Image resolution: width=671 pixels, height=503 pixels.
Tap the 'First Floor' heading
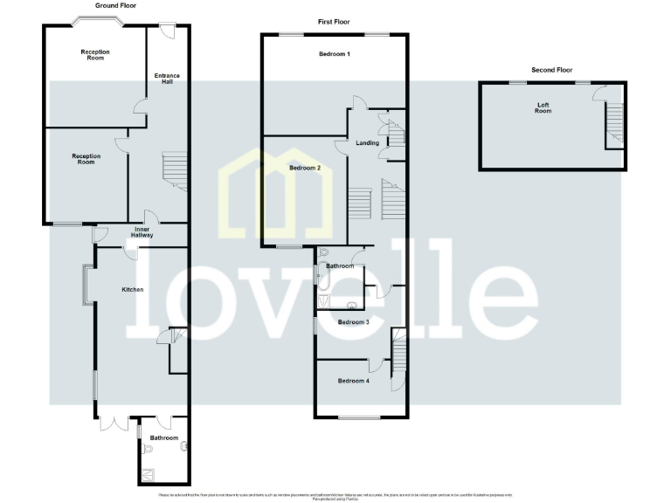click(x=334, y=20)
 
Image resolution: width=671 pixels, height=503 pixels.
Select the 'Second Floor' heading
click(x=551, y=69)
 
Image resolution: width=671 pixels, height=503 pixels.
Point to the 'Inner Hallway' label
click(x=142, y=231)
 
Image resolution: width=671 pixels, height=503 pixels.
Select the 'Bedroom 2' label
click(x=305, y=167)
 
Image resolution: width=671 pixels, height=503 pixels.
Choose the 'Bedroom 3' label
click(x=354, y=321)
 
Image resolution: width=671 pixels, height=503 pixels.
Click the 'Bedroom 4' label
click(x=354, y=381)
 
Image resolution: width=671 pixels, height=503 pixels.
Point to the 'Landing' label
click(x=368, y=143)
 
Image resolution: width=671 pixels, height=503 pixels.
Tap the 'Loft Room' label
click(x=543, y=107)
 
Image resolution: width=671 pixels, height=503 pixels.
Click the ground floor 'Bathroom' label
click(x=163, y=438)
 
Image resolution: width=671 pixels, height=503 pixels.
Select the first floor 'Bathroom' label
click(x=340, y=265)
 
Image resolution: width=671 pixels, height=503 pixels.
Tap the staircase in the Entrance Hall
click(x=175, y=172)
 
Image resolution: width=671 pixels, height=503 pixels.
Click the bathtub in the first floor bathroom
click(x=322, y=278)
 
